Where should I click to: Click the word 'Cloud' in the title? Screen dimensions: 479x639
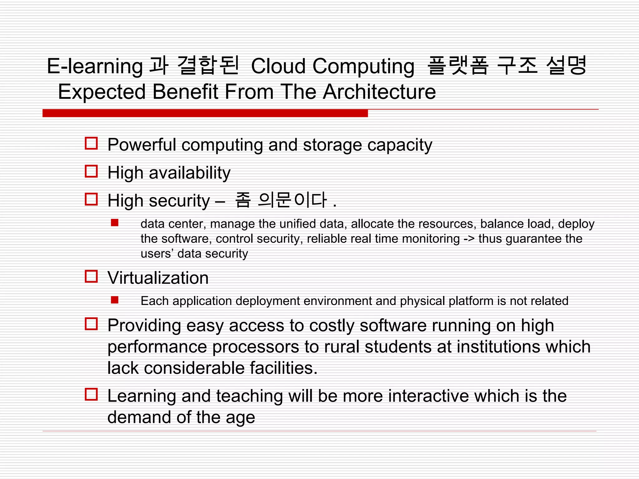[x=278, y=66]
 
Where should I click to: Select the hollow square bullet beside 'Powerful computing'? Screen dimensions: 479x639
[x=91, y=143]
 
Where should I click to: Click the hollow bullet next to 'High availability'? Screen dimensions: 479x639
[x=91, y=171]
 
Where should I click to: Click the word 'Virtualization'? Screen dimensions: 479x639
[x=158, y=278]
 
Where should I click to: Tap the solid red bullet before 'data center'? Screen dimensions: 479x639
[x=115, y=223]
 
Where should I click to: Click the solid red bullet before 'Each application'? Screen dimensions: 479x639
[x=115, y=300]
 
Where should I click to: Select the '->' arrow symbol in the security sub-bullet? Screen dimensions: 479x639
[x=469, y=239]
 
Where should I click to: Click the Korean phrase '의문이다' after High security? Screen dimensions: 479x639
[x=292, y=200]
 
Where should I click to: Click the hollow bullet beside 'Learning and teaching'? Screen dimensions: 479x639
[x=91, y=394]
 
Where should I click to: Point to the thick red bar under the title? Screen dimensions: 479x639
[x=205, y=113]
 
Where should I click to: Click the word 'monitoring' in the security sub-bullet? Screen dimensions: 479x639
[x=431, y=239]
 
